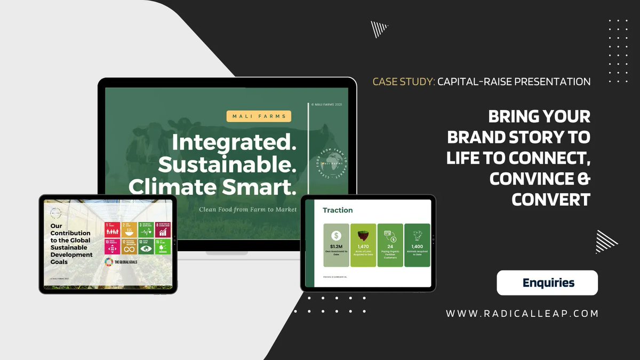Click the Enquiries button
(547, 283)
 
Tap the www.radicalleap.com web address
(522, 314)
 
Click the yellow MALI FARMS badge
(259, 116)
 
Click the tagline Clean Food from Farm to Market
(248, 210)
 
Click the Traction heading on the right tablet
(338, 210)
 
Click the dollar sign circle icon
(336, 235)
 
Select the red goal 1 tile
(113, 230)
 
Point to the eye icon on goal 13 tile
(146, 247)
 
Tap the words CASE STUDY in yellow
(403, 82)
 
